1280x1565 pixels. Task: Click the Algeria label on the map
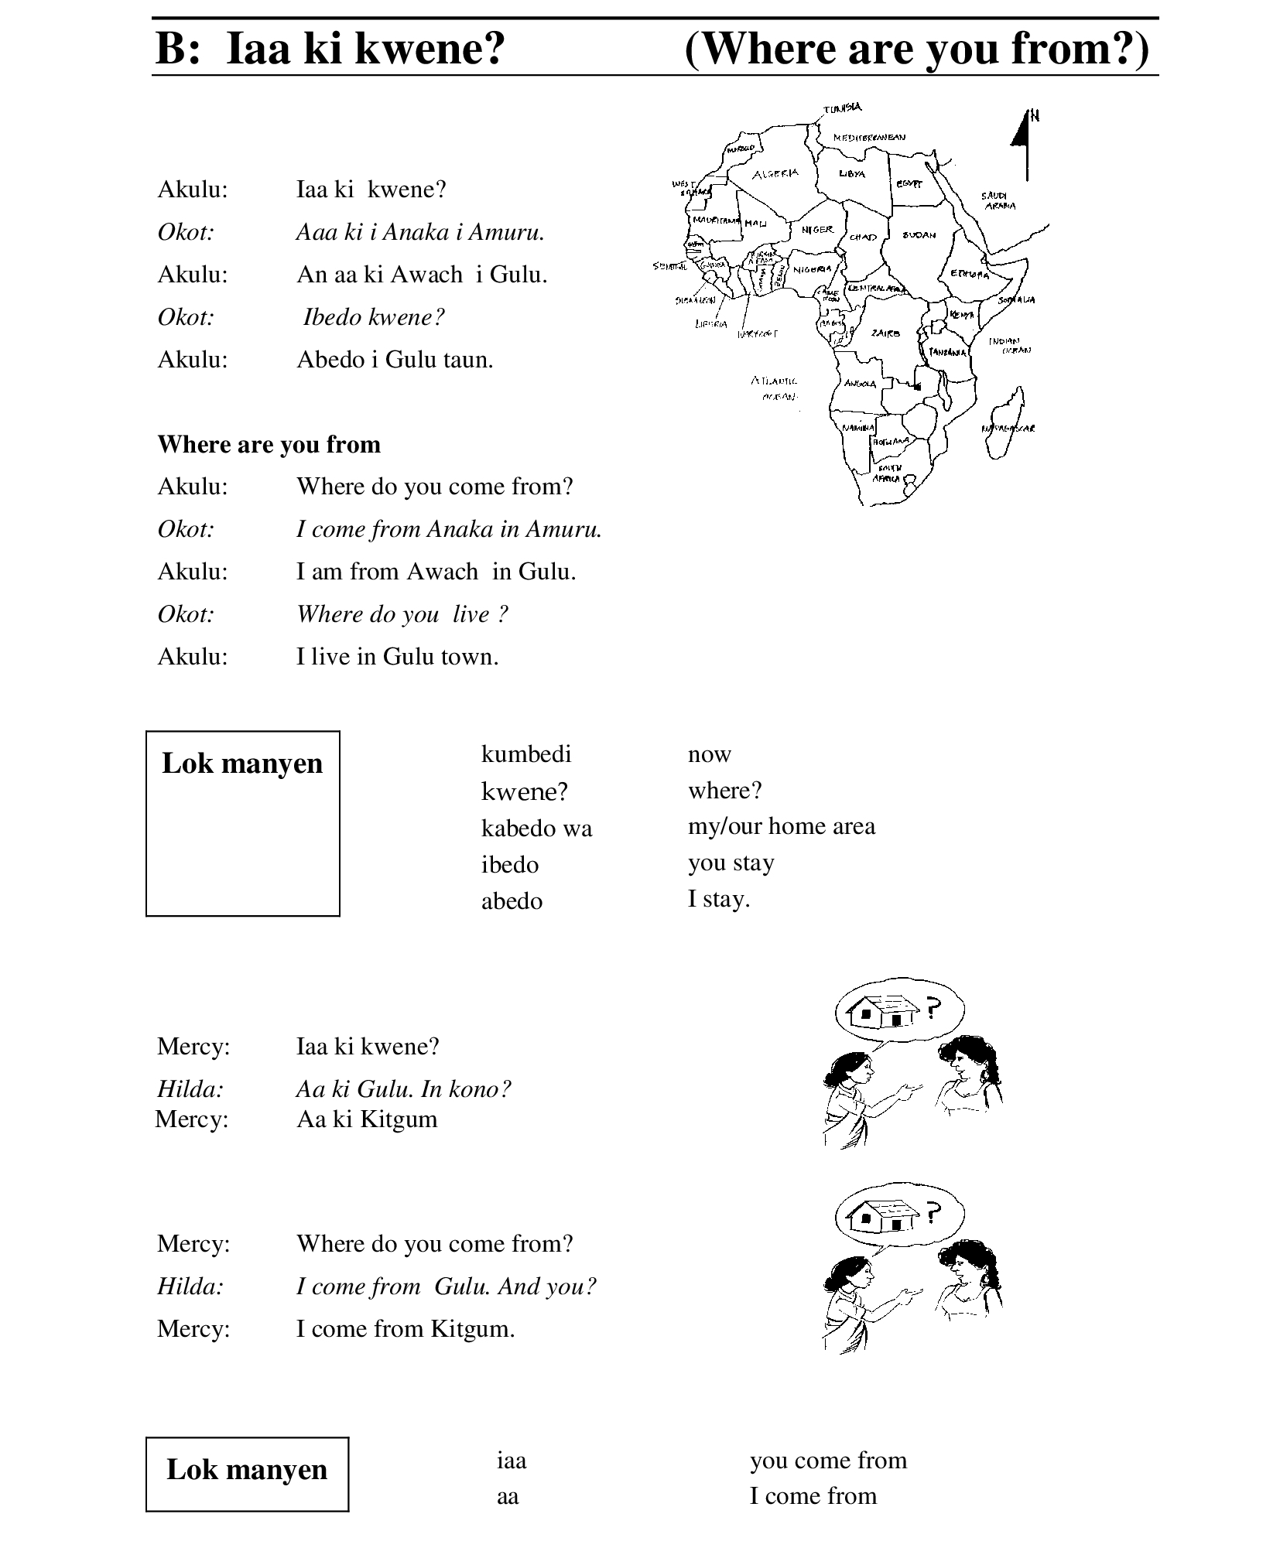click(x=775, y=174)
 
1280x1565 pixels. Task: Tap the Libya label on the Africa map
click(x=851, y=174)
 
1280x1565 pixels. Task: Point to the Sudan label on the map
click(x=919, y=234)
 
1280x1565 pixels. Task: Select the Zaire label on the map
click(x=885, y=333)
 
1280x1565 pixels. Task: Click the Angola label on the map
click(x=860, y=384)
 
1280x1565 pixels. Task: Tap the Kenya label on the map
click(x=961, y=315)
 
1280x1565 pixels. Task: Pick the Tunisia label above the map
click(x=842, y=109)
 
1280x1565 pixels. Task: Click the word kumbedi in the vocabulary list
click(x=525, y=753)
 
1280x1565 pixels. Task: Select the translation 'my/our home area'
click(x=781, y=826)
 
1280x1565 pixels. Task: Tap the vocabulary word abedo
click(x=512, y=900)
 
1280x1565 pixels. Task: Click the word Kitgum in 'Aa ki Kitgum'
click(x=399, y=1119)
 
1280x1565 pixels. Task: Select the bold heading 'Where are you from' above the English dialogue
click(x=269, y=444)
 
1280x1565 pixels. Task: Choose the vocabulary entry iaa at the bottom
click(x=511, y=1461)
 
